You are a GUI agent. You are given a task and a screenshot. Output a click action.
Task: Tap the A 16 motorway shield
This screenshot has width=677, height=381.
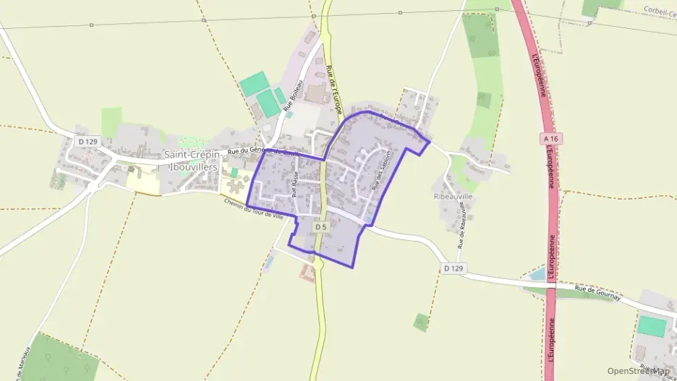click(550, 138)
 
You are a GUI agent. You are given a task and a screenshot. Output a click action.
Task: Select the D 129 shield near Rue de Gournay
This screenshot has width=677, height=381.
click(451, 268)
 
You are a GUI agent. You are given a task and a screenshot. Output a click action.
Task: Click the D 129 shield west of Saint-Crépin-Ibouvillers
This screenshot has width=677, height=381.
click(87, 141)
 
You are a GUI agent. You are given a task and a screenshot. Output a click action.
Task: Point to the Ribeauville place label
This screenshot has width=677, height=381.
click(454, 196)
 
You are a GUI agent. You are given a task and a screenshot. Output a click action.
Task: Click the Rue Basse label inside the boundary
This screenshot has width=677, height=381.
click(295, 187)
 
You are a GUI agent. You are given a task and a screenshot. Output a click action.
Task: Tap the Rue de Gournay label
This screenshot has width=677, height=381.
click(597, 291)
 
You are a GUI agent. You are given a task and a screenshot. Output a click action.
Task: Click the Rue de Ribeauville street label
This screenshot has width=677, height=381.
click(461, 231)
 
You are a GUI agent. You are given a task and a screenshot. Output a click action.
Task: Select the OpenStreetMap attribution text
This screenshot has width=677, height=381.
click(638, 371)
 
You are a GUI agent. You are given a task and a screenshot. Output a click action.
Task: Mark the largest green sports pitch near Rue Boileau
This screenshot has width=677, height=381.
click(253, 85)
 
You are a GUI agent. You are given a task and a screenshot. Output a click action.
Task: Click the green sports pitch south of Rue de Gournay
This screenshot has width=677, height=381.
click(652, 327)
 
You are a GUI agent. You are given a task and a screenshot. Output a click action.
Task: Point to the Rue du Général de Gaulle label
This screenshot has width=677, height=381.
click(261, 150)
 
